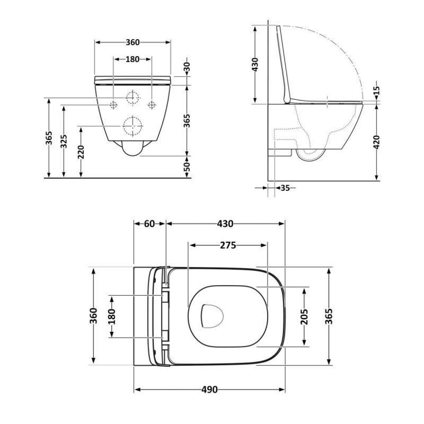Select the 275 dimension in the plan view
228,245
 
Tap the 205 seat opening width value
304,317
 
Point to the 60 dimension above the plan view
149,224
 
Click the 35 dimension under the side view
285,188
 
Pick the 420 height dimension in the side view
377,142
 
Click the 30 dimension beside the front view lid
187,67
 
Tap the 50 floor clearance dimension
187,167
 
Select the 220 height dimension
81,152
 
